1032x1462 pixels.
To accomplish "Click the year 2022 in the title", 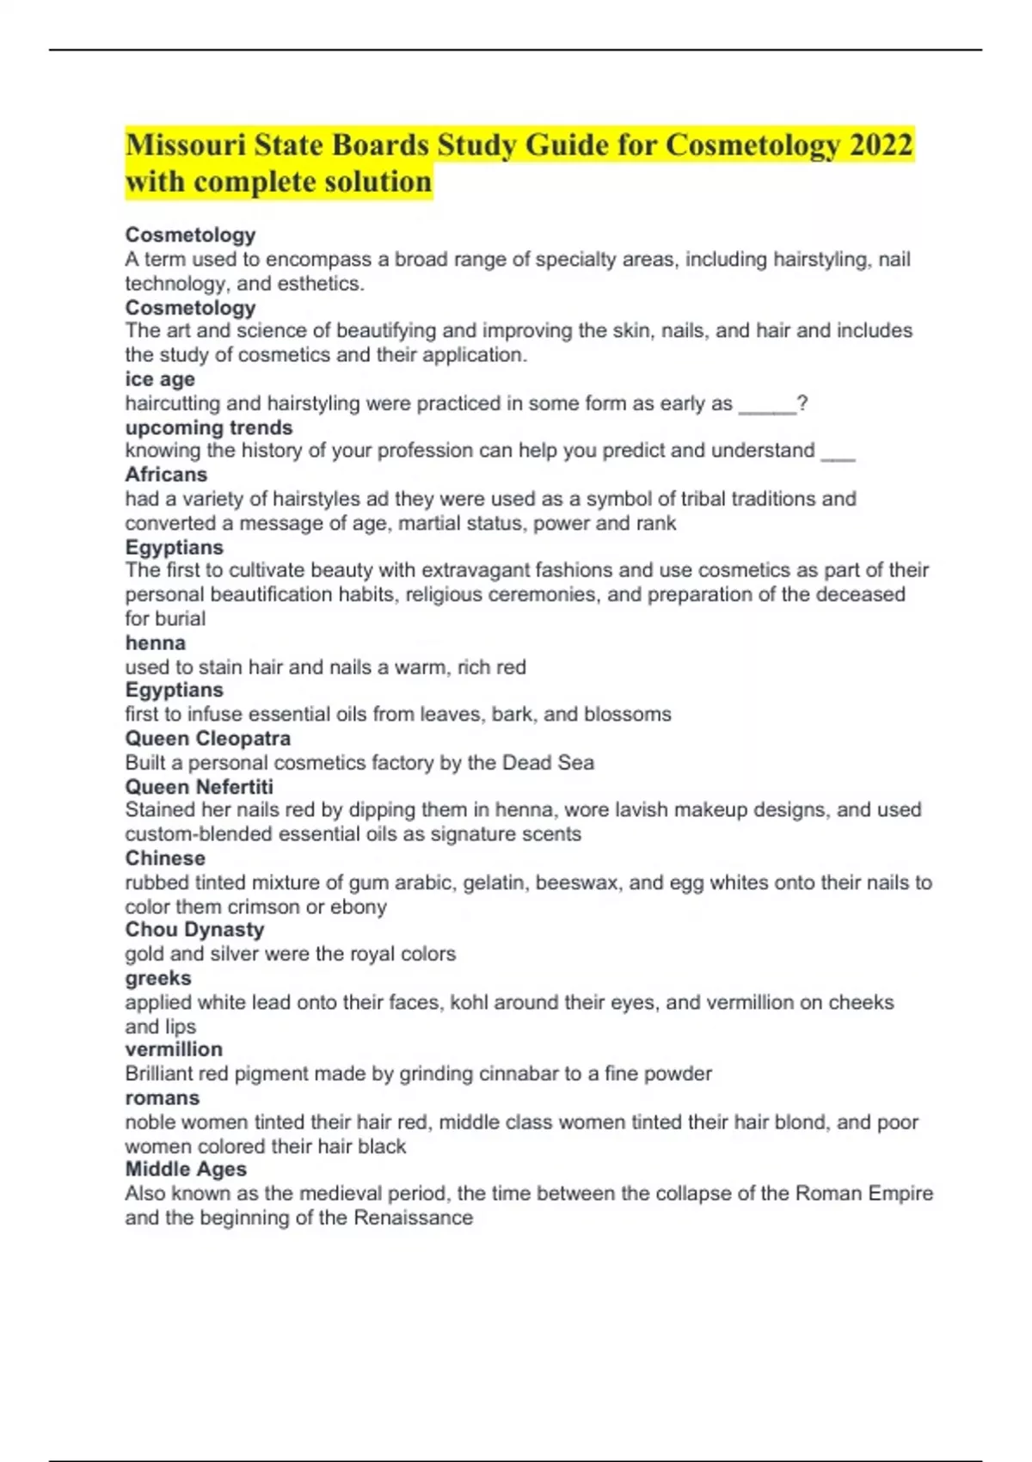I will (x=881, y=144).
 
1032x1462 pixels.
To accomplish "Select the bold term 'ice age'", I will (x=160, y=379).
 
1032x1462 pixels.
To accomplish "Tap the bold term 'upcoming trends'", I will (x=209, y=427).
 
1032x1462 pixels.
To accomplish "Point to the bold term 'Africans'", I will (x=166, y=475).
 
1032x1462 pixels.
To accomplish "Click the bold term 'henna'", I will (x=155, y=642).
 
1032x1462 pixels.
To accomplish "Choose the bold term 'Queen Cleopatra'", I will (x=208, y=738).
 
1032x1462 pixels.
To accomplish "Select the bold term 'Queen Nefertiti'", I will (x=200, y=786).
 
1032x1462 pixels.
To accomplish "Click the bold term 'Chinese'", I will (x=165, y=857).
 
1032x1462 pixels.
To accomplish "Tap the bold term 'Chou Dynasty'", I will (x=194, y=930).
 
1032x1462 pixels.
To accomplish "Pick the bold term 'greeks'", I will (x=158, y=978).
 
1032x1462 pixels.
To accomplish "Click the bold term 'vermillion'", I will (x=174, y=1049).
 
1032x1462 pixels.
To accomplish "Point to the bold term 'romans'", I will (x=162, y=1098).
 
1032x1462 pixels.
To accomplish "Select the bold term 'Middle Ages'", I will (x=186, y=1169).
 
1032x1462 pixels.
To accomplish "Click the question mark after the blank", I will (x=802, y=403).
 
